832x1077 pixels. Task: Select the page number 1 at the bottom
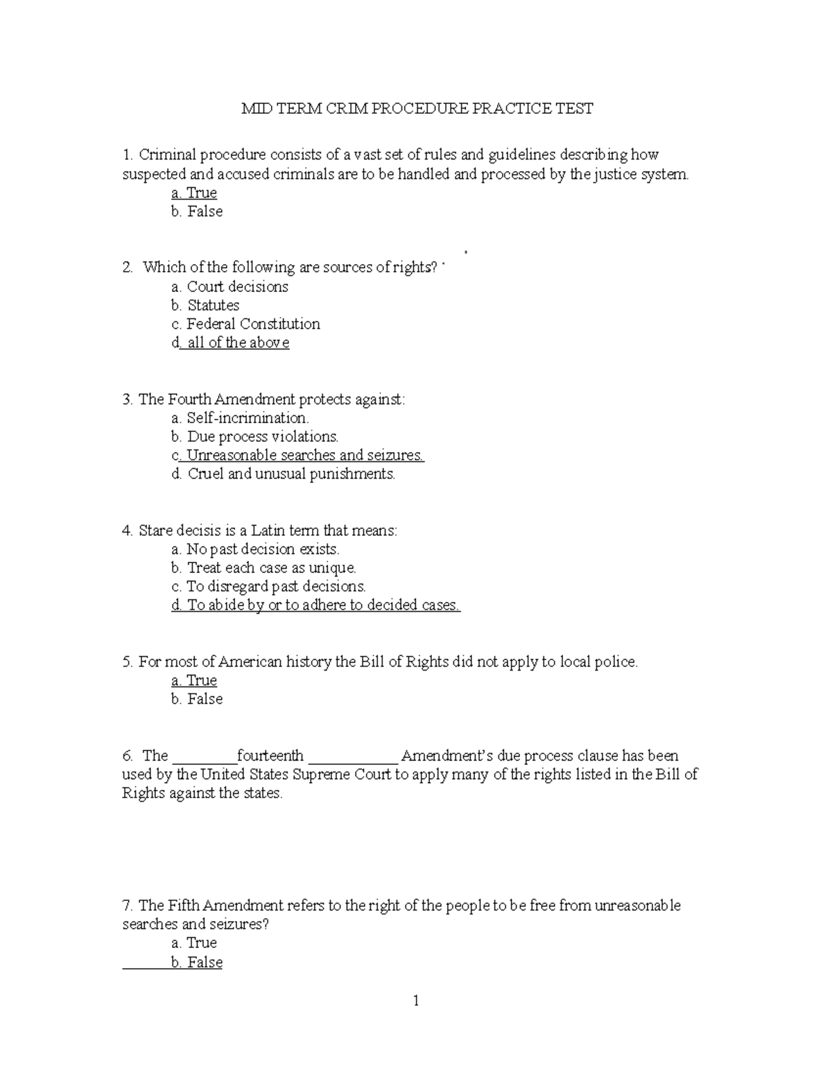pyautogui.click(x=416, y=1001)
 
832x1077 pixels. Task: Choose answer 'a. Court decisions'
pyautogui.click(x=229, y=286)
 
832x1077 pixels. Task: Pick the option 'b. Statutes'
pyautogui.click(x=205, y=305)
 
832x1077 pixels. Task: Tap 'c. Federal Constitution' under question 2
pyautogui.click(x=245, y=324)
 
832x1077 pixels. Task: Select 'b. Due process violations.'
pyautogui.click(x=254, y=436)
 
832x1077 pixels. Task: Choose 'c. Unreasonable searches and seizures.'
pyautogui.click(x=297, y=455)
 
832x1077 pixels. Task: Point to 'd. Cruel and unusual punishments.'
pyautogui.click(x=283, y=474)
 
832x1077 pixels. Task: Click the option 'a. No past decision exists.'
pyautogui.click(x=255, y=549)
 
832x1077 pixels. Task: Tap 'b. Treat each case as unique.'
pyautogui.click(x=263, y=568)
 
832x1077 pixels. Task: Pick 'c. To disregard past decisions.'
pyautogui.click(x=268, y=587)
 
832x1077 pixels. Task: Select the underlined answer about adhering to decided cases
pyautogui.click(x=315, y=605)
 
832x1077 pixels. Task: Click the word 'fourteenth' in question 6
pyautogui.click(x=270, y=756)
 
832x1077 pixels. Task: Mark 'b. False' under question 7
pyautogui.click(x=197, y=962)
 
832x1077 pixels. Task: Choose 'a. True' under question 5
pyautogui.click(x=194, y=680)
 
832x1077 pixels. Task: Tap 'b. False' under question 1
pyautogui.click(x=197, y=212)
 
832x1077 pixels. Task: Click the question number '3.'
pyautogui.click(x=128, y=399)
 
